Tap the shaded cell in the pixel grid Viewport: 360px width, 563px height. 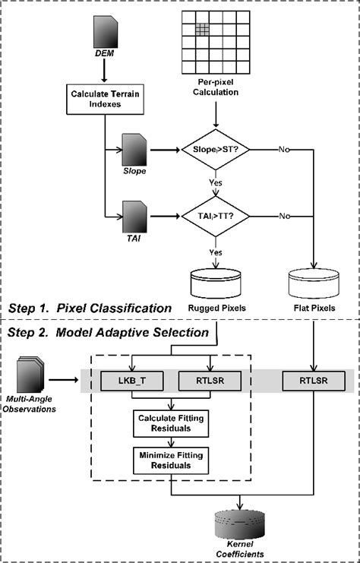(202, 29)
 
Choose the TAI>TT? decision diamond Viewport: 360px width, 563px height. (219, 216)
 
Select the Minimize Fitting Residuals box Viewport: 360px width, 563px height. (170, 460)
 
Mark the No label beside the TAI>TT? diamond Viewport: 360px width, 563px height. (284, 216)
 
